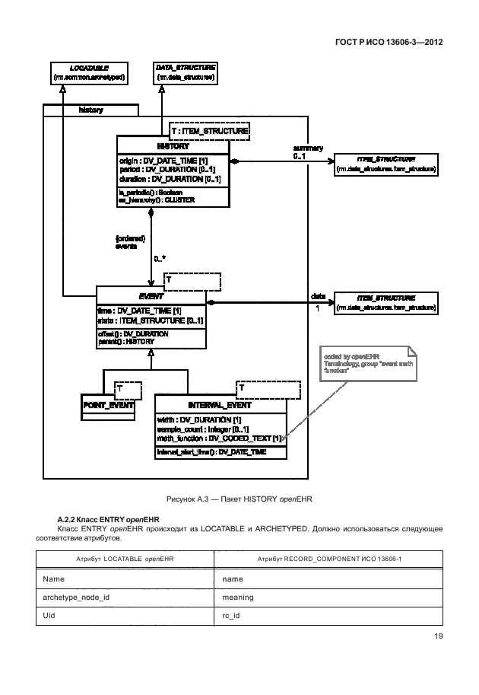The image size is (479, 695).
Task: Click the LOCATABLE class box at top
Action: [90, 73]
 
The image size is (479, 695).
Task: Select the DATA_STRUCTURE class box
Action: [185, 73]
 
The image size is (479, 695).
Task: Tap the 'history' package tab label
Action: [91, 110]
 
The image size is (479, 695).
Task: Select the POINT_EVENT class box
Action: [107, 405]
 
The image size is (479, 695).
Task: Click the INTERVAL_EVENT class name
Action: [220, 405]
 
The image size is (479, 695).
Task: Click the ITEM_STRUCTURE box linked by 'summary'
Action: [385, 164]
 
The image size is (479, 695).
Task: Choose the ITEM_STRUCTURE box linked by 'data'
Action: [385, 302]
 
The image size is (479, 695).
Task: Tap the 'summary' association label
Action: [308, 148]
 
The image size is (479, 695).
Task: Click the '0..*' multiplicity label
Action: [160, 259]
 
